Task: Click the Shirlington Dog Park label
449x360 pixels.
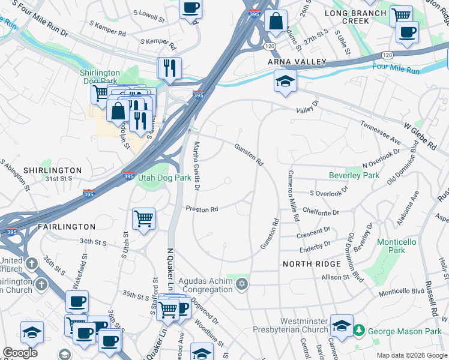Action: [x=100, y=77]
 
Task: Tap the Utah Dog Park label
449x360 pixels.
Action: [x=164, y=178]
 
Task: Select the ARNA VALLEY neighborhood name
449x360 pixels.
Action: [x=297, y=62]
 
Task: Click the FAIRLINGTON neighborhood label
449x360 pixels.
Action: [x=67, y=227]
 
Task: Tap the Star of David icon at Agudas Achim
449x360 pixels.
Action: [x=242, y=284]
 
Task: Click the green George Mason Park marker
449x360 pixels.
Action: [x=359, y=330]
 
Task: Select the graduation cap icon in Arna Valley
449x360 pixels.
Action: [x=286, y=82]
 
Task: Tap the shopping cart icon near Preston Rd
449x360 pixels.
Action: [x=143, y=218]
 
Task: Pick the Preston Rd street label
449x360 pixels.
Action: [x=201, y=209]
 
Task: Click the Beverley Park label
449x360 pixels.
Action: [x=355, y=176]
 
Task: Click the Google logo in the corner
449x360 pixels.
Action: [x=20, y=353]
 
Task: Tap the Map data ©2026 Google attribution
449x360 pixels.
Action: [x=411, y=355]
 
